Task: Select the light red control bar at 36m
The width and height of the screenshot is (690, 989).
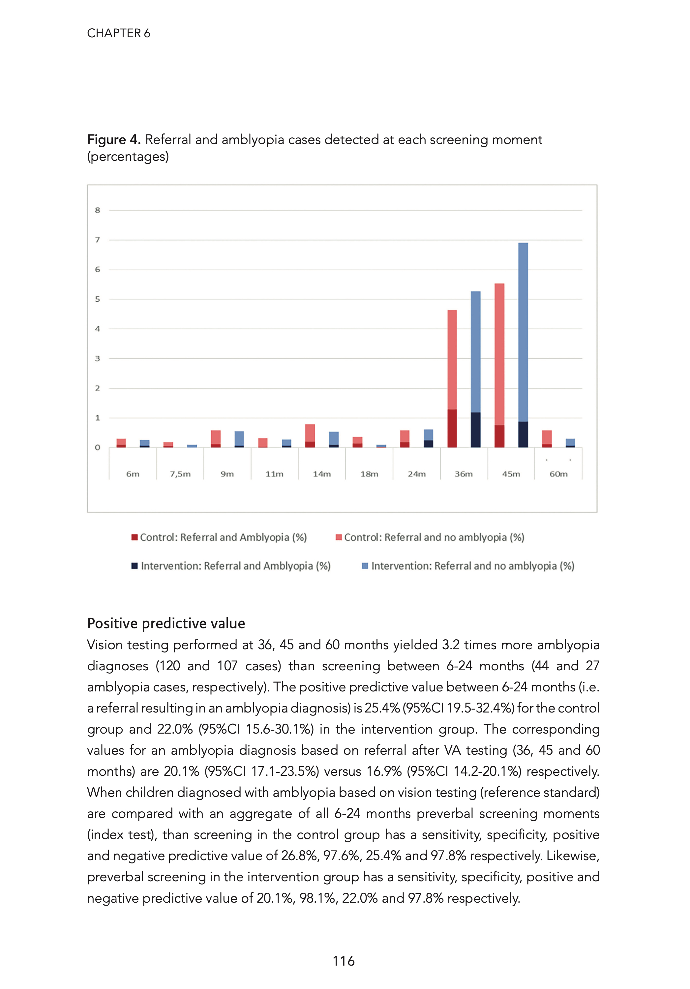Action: coord(452,360)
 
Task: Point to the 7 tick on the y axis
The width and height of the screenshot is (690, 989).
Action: coord(97,240)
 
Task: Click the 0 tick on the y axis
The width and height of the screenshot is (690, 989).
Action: coord(97,448)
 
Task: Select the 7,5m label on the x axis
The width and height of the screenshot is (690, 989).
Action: coord(180,474)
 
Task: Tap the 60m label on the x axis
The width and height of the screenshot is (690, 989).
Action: coord(558,474)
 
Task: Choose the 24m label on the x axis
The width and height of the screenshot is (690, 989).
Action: coord(416,474)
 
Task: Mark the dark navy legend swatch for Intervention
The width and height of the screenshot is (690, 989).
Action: coord(135,566)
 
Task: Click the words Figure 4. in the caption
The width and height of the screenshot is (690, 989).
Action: coord(114,139)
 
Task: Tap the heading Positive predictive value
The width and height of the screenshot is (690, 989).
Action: coord(166,623)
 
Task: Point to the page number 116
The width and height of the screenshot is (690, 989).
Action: coord(344,961)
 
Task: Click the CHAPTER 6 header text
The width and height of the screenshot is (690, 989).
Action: coord(119,33)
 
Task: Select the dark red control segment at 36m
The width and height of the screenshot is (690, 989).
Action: coord(452,429)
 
